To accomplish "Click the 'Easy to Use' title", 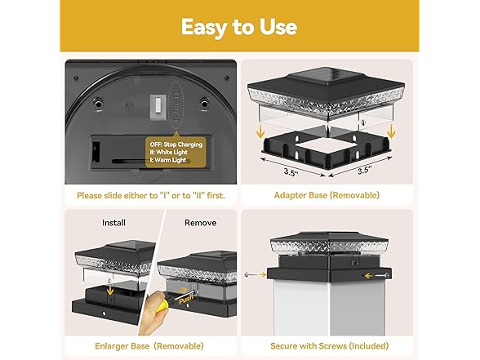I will pyautogui.click(x=239, y=26).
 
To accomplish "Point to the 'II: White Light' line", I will pyautogui.click(x=168, y=152).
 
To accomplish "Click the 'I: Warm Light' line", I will pyautogui.click(x=167, y=160).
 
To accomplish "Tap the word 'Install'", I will pyautogui.click(x=113, y=222).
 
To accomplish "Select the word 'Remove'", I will pyautogui.click(x=201, y=222).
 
